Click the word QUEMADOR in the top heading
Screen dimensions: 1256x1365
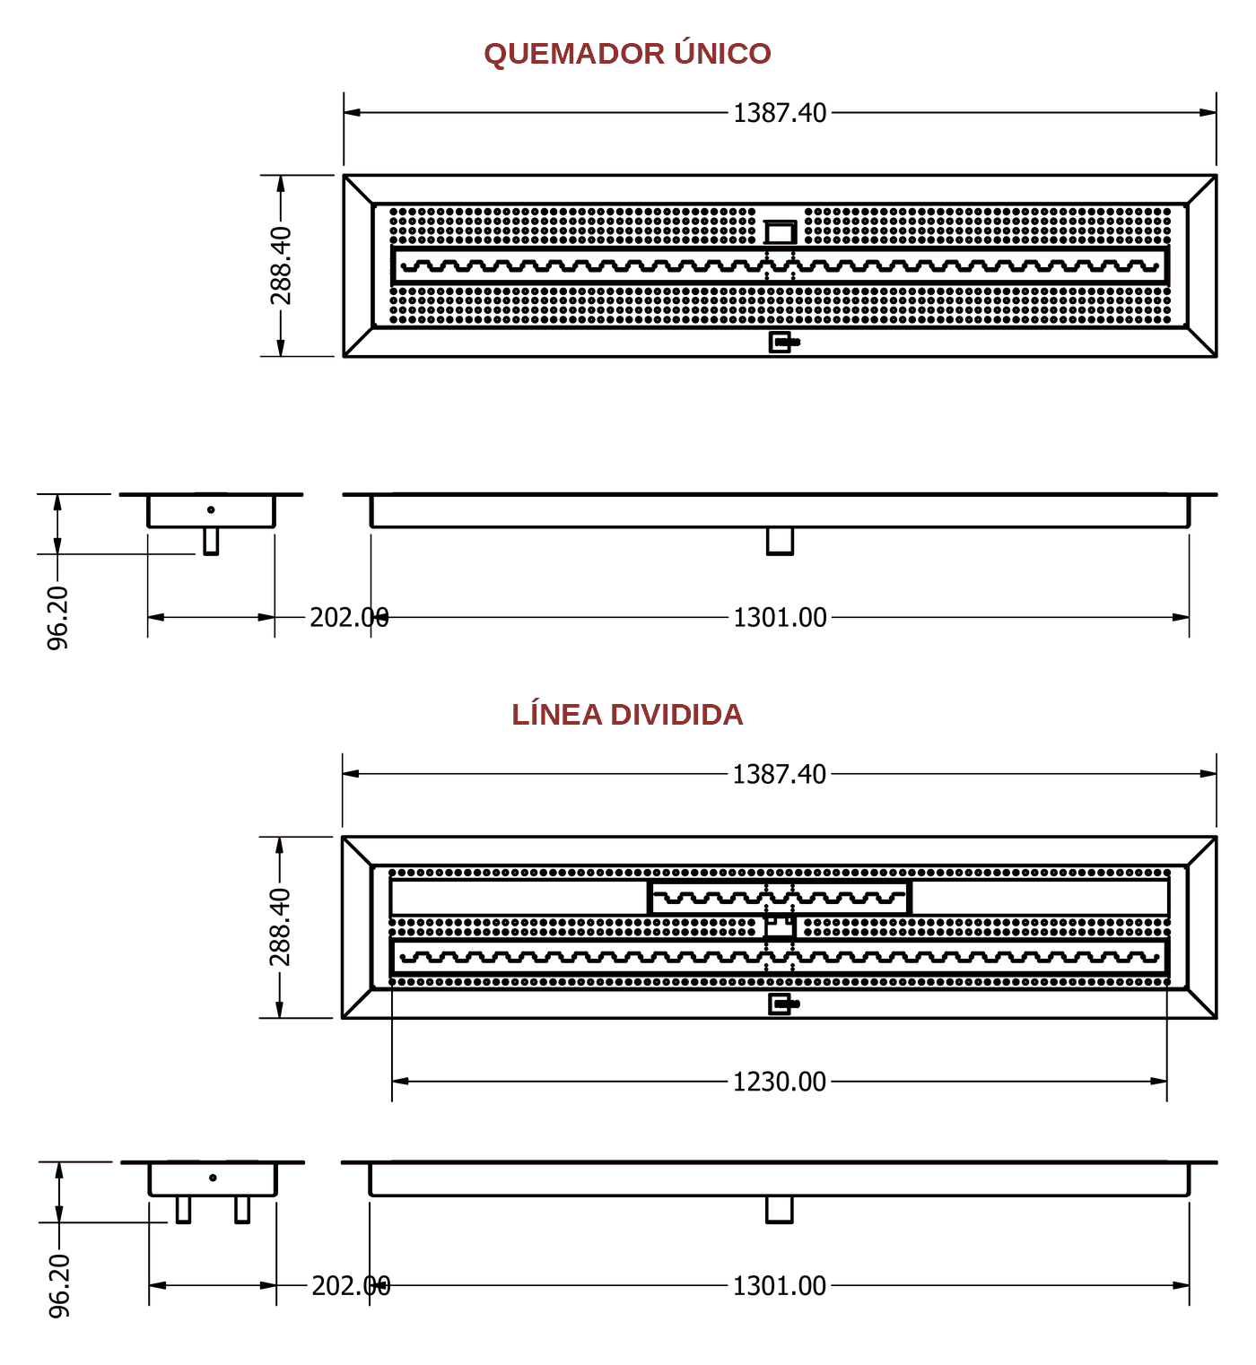574,54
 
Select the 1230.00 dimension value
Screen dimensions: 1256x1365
779,1082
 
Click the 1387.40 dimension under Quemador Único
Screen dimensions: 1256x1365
780,113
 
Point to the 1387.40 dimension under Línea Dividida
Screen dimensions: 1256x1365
779,774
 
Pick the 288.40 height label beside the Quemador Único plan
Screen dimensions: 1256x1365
281,265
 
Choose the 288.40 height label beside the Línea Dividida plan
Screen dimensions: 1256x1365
280,926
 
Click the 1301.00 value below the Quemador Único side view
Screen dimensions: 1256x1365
780,618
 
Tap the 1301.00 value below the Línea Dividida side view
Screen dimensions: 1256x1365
779,1286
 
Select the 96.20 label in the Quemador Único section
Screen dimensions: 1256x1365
57,618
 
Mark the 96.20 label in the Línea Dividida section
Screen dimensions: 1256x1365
59,1286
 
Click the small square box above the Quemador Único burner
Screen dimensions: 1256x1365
781,232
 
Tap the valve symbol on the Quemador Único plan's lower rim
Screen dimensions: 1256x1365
784,343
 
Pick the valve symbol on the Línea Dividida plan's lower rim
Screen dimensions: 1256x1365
783,1004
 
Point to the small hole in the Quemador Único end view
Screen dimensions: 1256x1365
211,509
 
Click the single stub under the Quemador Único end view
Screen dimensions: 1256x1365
211,541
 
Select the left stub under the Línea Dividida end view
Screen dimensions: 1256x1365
183,1210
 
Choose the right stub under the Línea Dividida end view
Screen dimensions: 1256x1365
242,1210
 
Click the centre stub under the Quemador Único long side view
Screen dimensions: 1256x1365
781,541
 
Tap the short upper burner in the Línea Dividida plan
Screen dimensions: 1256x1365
780,898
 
